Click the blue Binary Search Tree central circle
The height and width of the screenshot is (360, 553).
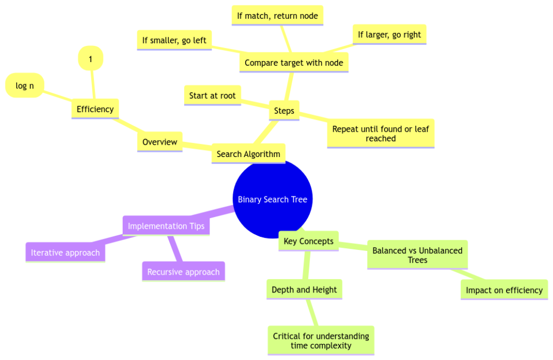tap(272, 199)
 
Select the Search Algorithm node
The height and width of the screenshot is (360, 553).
tap(248, 154)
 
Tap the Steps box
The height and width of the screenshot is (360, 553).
tap(284, 111)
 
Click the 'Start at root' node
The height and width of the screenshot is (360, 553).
tap(212, 96)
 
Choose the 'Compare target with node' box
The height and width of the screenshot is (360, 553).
tap(294, 63)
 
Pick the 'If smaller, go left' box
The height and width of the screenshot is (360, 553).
tap(174, 40)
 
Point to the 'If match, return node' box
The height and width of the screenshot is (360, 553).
tap(278, 16)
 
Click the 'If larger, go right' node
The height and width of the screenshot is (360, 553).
tap(389, 35)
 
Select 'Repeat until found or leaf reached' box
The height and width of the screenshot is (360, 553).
tap(380, 133)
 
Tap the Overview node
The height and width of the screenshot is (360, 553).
tap(159, 142)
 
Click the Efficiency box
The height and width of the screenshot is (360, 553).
tap(95, 109)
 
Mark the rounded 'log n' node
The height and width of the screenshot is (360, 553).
tap(25, 86)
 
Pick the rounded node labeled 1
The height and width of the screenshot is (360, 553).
tap(91, 59)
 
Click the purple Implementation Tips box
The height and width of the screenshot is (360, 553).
tap(166, 226)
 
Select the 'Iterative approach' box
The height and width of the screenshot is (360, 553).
tap(65, 253)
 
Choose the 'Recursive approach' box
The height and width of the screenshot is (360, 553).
tap(183, 271)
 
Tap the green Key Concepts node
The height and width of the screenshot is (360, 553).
tap(308, 241)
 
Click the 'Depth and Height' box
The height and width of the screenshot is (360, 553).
tap(304, 290)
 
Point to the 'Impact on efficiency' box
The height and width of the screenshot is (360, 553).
tap(504, 290)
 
